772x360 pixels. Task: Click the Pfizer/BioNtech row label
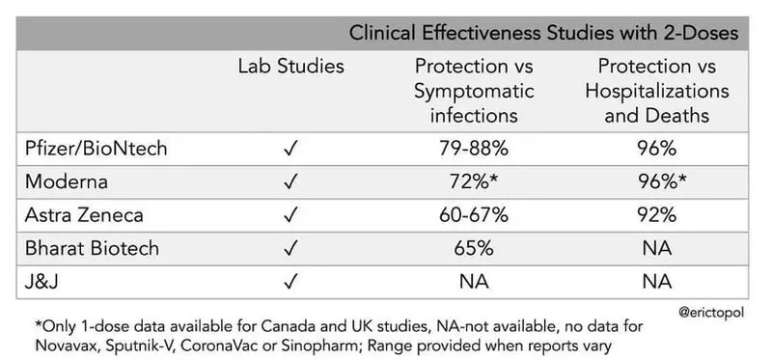click(x=96, y=149)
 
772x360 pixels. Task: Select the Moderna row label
click(x=67, y=181)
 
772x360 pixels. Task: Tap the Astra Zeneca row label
click(x=84, y=215)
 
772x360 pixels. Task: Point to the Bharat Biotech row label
click(x=92, y=248)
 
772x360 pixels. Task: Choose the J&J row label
click(x=41, y=282)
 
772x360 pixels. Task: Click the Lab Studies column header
click(x=291, y=67)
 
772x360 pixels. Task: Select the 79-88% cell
click(x=474, y=149)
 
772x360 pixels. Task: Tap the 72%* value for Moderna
click(x=474, y=181)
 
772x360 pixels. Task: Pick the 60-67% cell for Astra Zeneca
click(x=474, y=215)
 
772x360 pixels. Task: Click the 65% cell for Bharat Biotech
click(x=474, y=248)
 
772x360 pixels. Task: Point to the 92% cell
click(x=657, y=215)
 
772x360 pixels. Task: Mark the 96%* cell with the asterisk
click(x=662, y=181)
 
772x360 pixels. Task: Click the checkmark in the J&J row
click(x=291, y=282)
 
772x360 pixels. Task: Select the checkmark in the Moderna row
click(x=291, y=182)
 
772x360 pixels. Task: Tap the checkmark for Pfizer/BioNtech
click(x=291, y=149)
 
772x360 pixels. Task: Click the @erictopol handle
click(x=711, y=313)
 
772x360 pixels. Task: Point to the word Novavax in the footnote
click(x=66, y=346)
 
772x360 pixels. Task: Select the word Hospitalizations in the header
click(x=657, y=91)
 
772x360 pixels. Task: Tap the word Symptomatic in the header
click(x=474, y=91)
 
